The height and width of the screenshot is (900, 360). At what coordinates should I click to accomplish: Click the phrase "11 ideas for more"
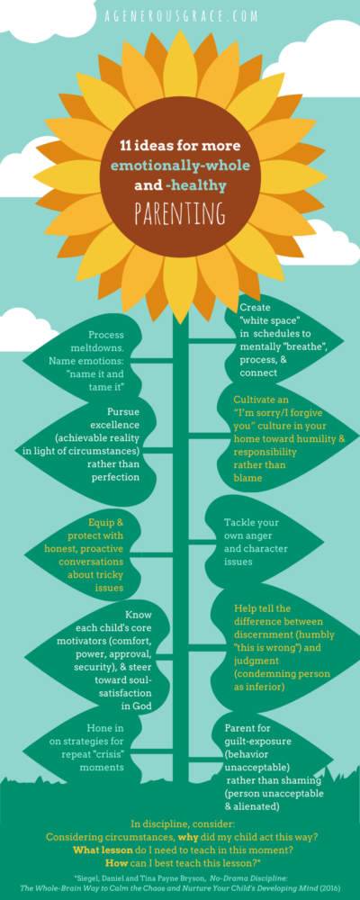tap(180, 147)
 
